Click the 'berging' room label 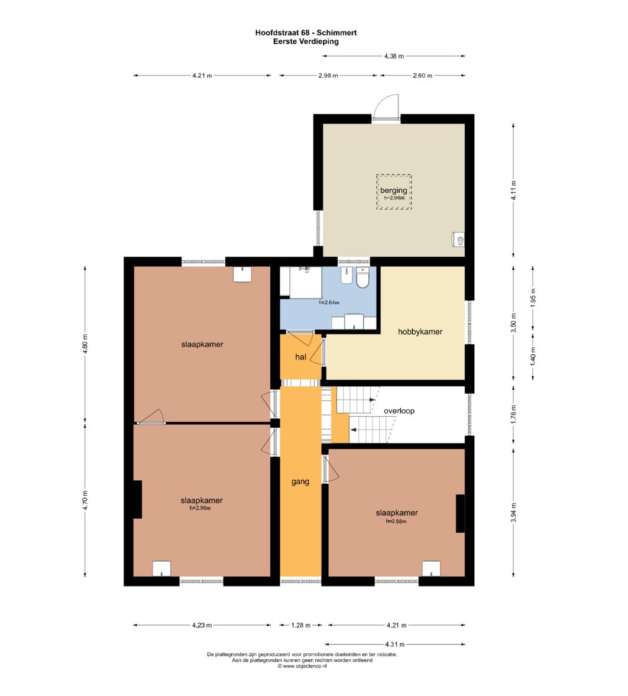(393, 190)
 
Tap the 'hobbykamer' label (420, 332)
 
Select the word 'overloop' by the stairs (399, 410)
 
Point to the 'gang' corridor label (300, 481)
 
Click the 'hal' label (300, 357)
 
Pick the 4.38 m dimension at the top (394, 56)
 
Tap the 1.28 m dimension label (300, 625)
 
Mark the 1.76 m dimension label (513, 414)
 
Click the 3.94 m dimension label (513, 513)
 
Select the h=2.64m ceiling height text (329, 303)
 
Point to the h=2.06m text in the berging (394, 198)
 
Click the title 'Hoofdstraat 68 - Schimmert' (306, 33)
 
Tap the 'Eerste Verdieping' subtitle (306, 41)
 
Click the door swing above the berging (385, 107)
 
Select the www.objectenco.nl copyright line (302, 666)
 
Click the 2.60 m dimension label (422, 76)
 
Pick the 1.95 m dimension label (533, 297)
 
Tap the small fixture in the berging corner (458, 240)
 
